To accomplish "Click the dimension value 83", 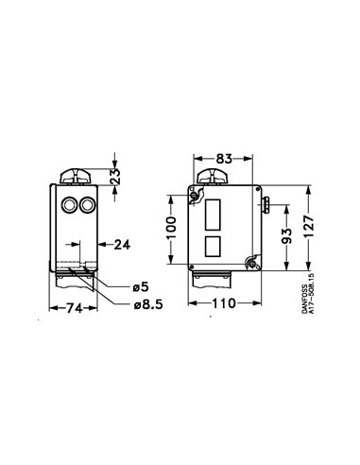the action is [224, 159].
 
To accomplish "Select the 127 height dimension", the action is [309, 227].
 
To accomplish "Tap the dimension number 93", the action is [286, 236].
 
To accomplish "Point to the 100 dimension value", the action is [171, 228].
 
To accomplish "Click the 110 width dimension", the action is [224, 303].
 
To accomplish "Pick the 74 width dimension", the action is [75, 308].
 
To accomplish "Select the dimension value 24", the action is [122, 245].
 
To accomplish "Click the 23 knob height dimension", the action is [115, 177].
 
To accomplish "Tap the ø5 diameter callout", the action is [140, 287].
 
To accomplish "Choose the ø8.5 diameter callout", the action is [148, 304].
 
